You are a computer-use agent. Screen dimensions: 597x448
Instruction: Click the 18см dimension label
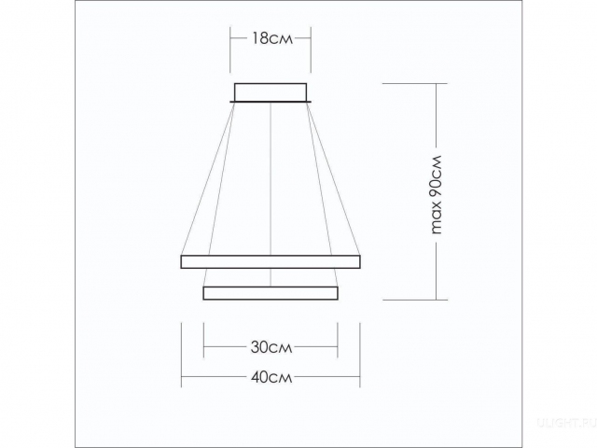click(x=271, y=38)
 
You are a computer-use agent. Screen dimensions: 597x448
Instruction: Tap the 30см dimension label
click(x=271, y=347)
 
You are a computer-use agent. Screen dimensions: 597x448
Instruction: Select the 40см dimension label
click(x=271, y=377)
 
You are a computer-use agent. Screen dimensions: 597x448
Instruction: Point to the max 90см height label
click(x=437, y=194)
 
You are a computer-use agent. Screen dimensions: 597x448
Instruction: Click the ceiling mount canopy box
click(x=271, y=92)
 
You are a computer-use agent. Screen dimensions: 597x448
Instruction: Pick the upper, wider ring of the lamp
click(x=271, y=261)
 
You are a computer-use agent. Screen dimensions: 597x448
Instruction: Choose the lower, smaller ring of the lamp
click(x=271, y=293)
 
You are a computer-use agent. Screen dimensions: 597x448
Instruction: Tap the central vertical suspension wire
click(x=271, y=194)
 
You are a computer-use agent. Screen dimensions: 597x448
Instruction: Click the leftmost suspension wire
click(x=208, y=179)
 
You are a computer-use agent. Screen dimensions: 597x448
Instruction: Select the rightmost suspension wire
click(x=333, y=179)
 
